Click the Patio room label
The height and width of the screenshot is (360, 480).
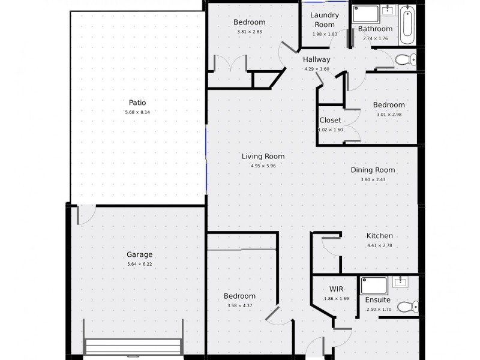[x=137, y=103]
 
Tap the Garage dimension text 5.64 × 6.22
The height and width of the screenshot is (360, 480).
[x=139, y=264]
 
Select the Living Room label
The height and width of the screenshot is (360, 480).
[x=263, y=157]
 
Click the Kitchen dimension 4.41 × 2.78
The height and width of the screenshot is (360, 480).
[x=379, y=245]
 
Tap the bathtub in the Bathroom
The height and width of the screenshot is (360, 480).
[x=409, y=25]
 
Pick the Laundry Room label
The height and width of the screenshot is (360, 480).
[x=325, y=20]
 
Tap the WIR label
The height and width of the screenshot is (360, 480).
[x=320, y=289]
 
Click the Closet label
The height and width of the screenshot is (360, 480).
[x=330, y=120]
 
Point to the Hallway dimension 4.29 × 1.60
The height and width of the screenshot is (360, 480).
[x=317, y=69]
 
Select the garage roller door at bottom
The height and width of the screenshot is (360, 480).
[x=133, y=346]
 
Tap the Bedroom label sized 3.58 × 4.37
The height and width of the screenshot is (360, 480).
[x=239, y=296]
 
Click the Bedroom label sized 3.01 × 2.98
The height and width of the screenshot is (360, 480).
[x=389, y=105]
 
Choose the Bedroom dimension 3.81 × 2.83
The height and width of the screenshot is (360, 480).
[x=249, y=32]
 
